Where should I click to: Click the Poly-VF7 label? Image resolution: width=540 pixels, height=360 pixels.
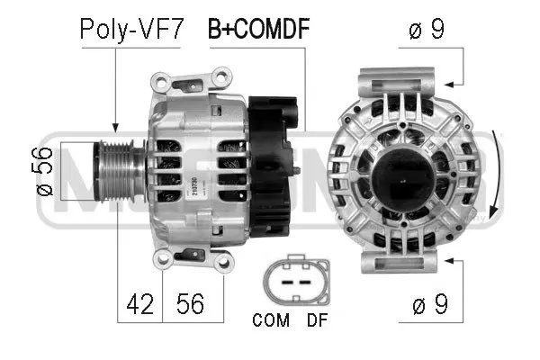coord(131,29)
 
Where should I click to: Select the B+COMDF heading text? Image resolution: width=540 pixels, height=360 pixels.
coord(259,29)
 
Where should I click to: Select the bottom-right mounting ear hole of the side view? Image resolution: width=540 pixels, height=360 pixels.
coord(224,262)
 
